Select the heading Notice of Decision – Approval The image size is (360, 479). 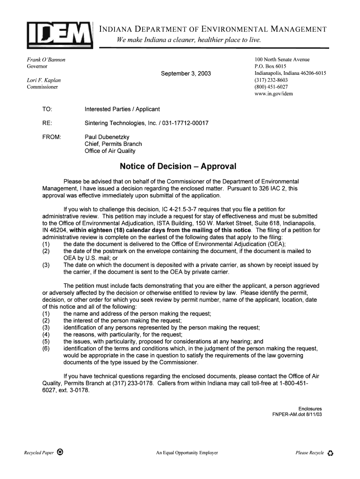coord(178,167)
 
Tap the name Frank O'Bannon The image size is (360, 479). coord(46,60)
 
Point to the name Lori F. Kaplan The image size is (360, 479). coord(43,80)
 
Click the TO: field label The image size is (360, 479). coord(47,109)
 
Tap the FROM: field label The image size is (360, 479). coord(52,137)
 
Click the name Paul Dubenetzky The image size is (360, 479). coord(107,137)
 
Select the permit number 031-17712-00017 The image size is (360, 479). coord(180,123)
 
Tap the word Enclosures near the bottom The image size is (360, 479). coord(310,409)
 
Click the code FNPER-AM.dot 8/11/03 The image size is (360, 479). coord(297,415)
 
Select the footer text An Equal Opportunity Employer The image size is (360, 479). coord(187,453)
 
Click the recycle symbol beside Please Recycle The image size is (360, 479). coord(331,453)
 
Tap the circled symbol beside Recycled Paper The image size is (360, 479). coord(60,452)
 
